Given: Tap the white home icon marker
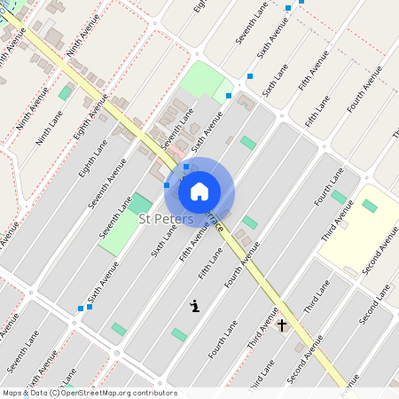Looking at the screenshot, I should (x=199, y=191).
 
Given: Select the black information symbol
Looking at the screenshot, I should (x=194, y=306).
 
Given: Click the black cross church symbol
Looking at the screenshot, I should (x=282, y=325).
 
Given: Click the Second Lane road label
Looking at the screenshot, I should (x=376, y=307).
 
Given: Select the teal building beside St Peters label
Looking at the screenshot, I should (x=140, y=203).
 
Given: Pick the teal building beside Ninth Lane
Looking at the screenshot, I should (x=65, y=92).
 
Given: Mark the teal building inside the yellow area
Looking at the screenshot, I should (x=369, y=206).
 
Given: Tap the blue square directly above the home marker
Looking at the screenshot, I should (x=185, y=167).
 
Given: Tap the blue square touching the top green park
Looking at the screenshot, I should (x=229, y=95).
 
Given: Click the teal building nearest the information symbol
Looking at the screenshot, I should (x=179, y=334).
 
